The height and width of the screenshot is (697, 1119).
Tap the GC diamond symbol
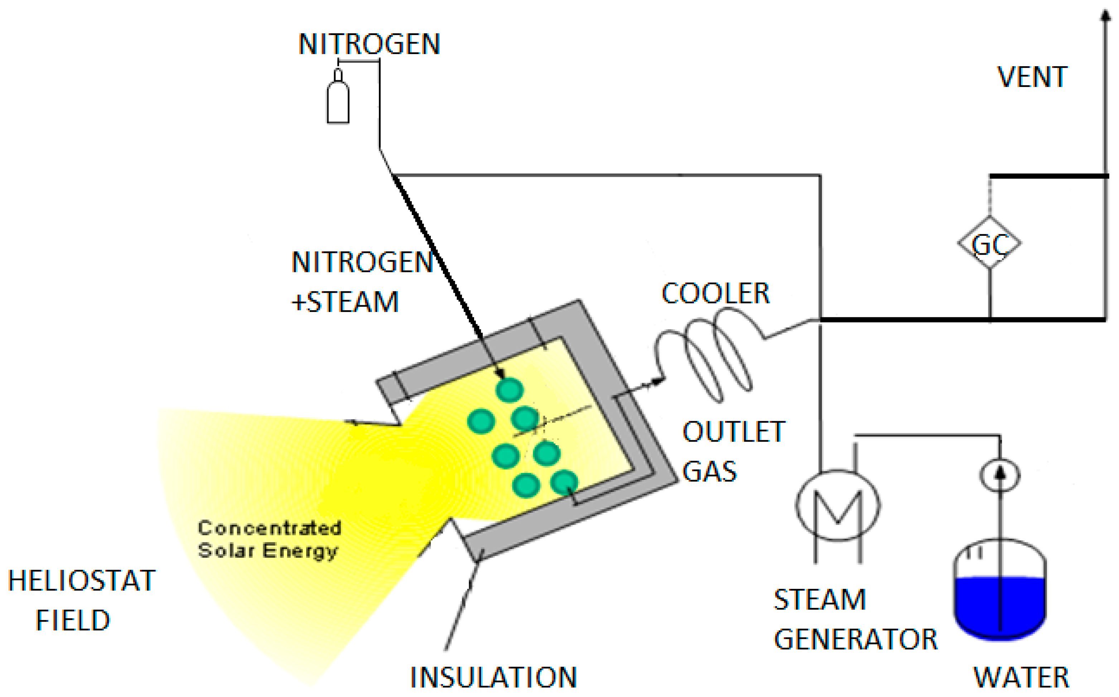[x=989, y=243]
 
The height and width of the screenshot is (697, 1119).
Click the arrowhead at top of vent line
[x=1105, y=16]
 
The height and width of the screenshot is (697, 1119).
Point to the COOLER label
[x=715, y=294]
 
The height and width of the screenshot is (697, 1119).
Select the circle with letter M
[x=837, y=505]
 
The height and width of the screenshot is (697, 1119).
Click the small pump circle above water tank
[x=999, y=475]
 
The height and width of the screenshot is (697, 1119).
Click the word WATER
[x=1021, y=678]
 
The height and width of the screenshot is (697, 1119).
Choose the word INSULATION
[x=493, y=678]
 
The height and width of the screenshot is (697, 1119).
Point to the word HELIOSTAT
[x=82, y=580]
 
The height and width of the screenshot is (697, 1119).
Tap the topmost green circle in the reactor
[x=509, y=390]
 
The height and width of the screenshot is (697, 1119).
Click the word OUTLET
[x=733, y=432]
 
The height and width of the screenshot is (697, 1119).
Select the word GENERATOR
[x=855, y=639]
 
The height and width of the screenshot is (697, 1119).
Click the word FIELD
[x=73, y=620]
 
